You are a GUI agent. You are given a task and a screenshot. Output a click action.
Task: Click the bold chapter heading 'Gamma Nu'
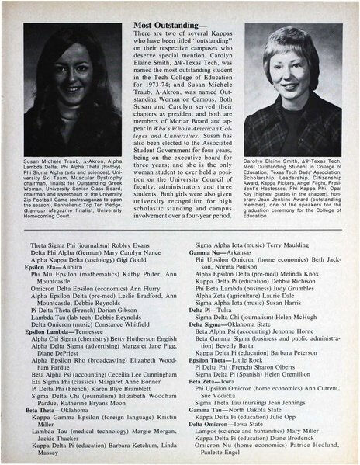pos(202,251)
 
